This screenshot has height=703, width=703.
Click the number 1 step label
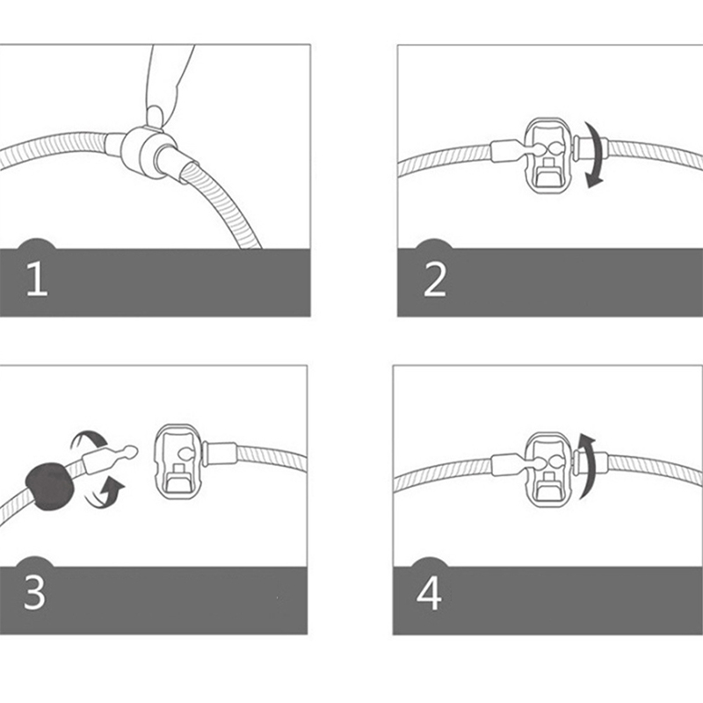[37, 279]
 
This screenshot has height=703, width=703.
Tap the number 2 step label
[434, 279]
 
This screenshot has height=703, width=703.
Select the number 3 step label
[34, 592]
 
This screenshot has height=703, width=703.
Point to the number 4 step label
[429, 592]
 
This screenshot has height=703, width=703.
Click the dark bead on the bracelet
[49, 487]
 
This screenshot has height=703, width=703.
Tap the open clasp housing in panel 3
[178, 463]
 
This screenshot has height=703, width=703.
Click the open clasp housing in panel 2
[548, 156]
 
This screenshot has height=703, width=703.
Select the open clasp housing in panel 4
[548, 469]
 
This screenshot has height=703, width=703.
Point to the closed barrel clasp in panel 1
[146, 151]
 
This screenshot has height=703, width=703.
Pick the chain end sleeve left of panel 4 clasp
[508, 465]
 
